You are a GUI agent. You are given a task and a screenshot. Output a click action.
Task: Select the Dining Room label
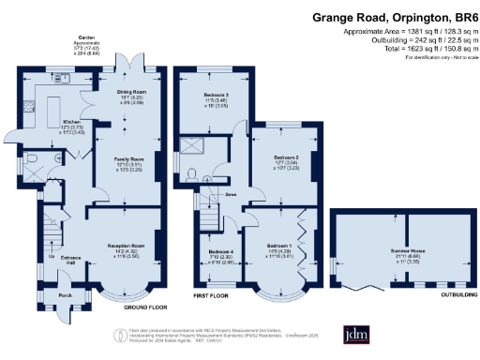tap(129, 91)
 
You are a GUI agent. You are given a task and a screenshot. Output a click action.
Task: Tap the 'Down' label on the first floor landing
tap(231, 194)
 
